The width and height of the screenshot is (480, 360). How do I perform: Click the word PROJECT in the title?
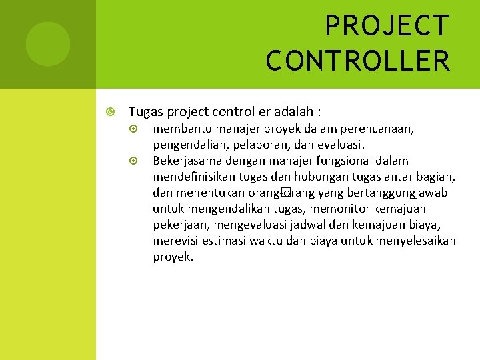[x=387, y=27]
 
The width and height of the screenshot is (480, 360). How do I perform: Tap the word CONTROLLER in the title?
[x=358, y=60]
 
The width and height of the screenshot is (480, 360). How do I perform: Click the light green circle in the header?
[x=48, y=44]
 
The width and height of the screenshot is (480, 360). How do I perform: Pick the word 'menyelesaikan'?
[x=415, y=241]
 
